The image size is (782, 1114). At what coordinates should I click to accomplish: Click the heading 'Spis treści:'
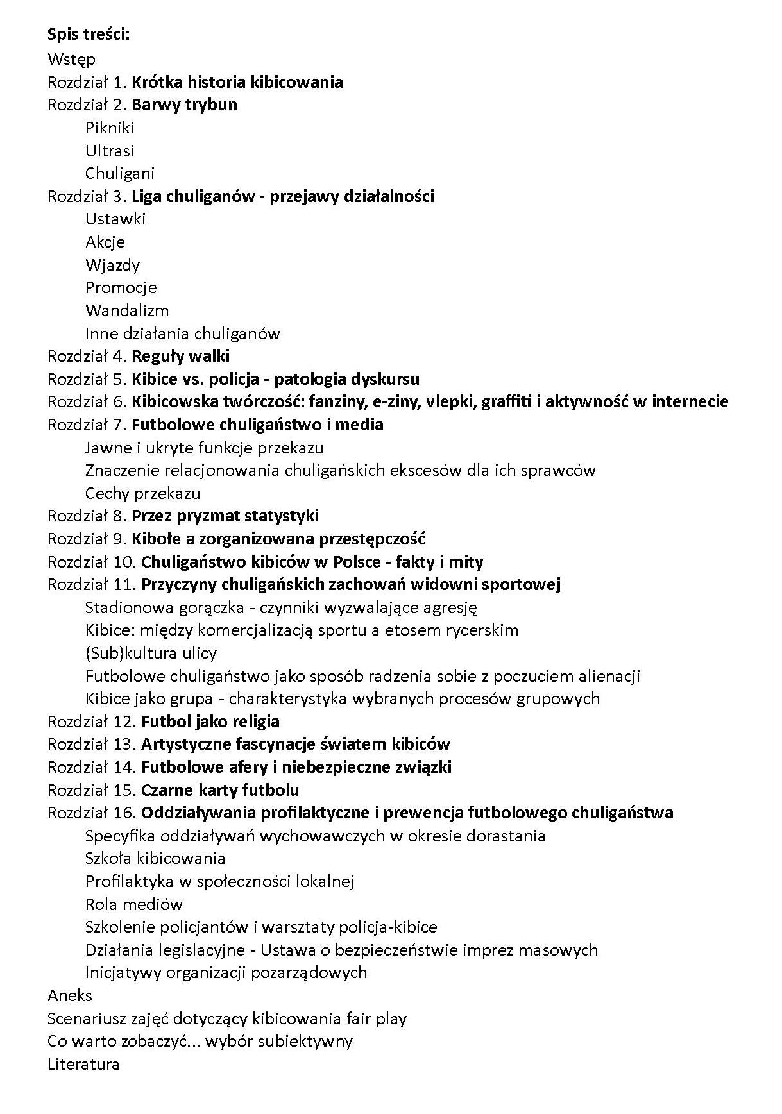[x=89, y=34]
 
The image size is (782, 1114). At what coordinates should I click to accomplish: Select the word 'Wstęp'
[x=71, y=60]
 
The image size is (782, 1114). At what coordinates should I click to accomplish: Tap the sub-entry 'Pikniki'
[x=109, y=128]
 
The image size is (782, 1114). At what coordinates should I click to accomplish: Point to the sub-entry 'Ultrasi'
[x=110, y=151]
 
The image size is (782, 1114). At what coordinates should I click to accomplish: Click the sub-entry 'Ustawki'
[x=115, y=219]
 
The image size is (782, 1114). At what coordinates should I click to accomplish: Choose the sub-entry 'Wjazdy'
[x=112, y=265]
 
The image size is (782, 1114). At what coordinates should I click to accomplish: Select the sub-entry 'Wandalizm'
[x=127, y=310]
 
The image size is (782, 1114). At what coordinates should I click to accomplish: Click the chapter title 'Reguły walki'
[x=180, y=356]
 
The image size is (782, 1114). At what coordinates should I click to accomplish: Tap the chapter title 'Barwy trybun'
[x=184, y=105]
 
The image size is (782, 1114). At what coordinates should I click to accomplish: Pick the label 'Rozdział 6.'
[x=88, y=401]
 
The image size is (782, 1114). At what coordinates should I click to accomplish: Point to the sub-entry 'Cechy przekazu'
[x=142, y=493]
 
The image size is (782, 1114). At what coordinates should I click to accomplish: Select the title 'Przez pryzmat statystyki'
[x=225, y=516]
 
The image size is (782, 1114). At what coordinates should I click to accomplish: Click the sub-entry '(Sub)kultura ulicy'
[x=151, y=653]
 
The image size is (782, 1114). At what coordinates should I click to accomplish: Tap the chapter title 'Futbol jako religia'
[x=210, y=722]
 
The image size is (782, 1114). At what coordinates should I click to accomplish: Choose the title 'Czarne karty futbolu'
[x=220, y=789]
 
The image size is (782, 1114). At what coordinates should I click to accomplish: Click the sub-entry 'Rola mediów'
[x=134, y=904]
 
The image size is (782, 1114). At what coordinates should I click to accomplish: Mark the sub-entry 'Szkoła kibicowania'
[x=155, y=858]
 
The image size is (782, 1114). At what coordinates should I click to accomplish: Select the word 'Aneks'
[x=70, y=995]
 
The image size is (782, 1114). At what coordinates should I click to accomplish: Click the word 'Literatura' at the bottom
[x=83, y=1064]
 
